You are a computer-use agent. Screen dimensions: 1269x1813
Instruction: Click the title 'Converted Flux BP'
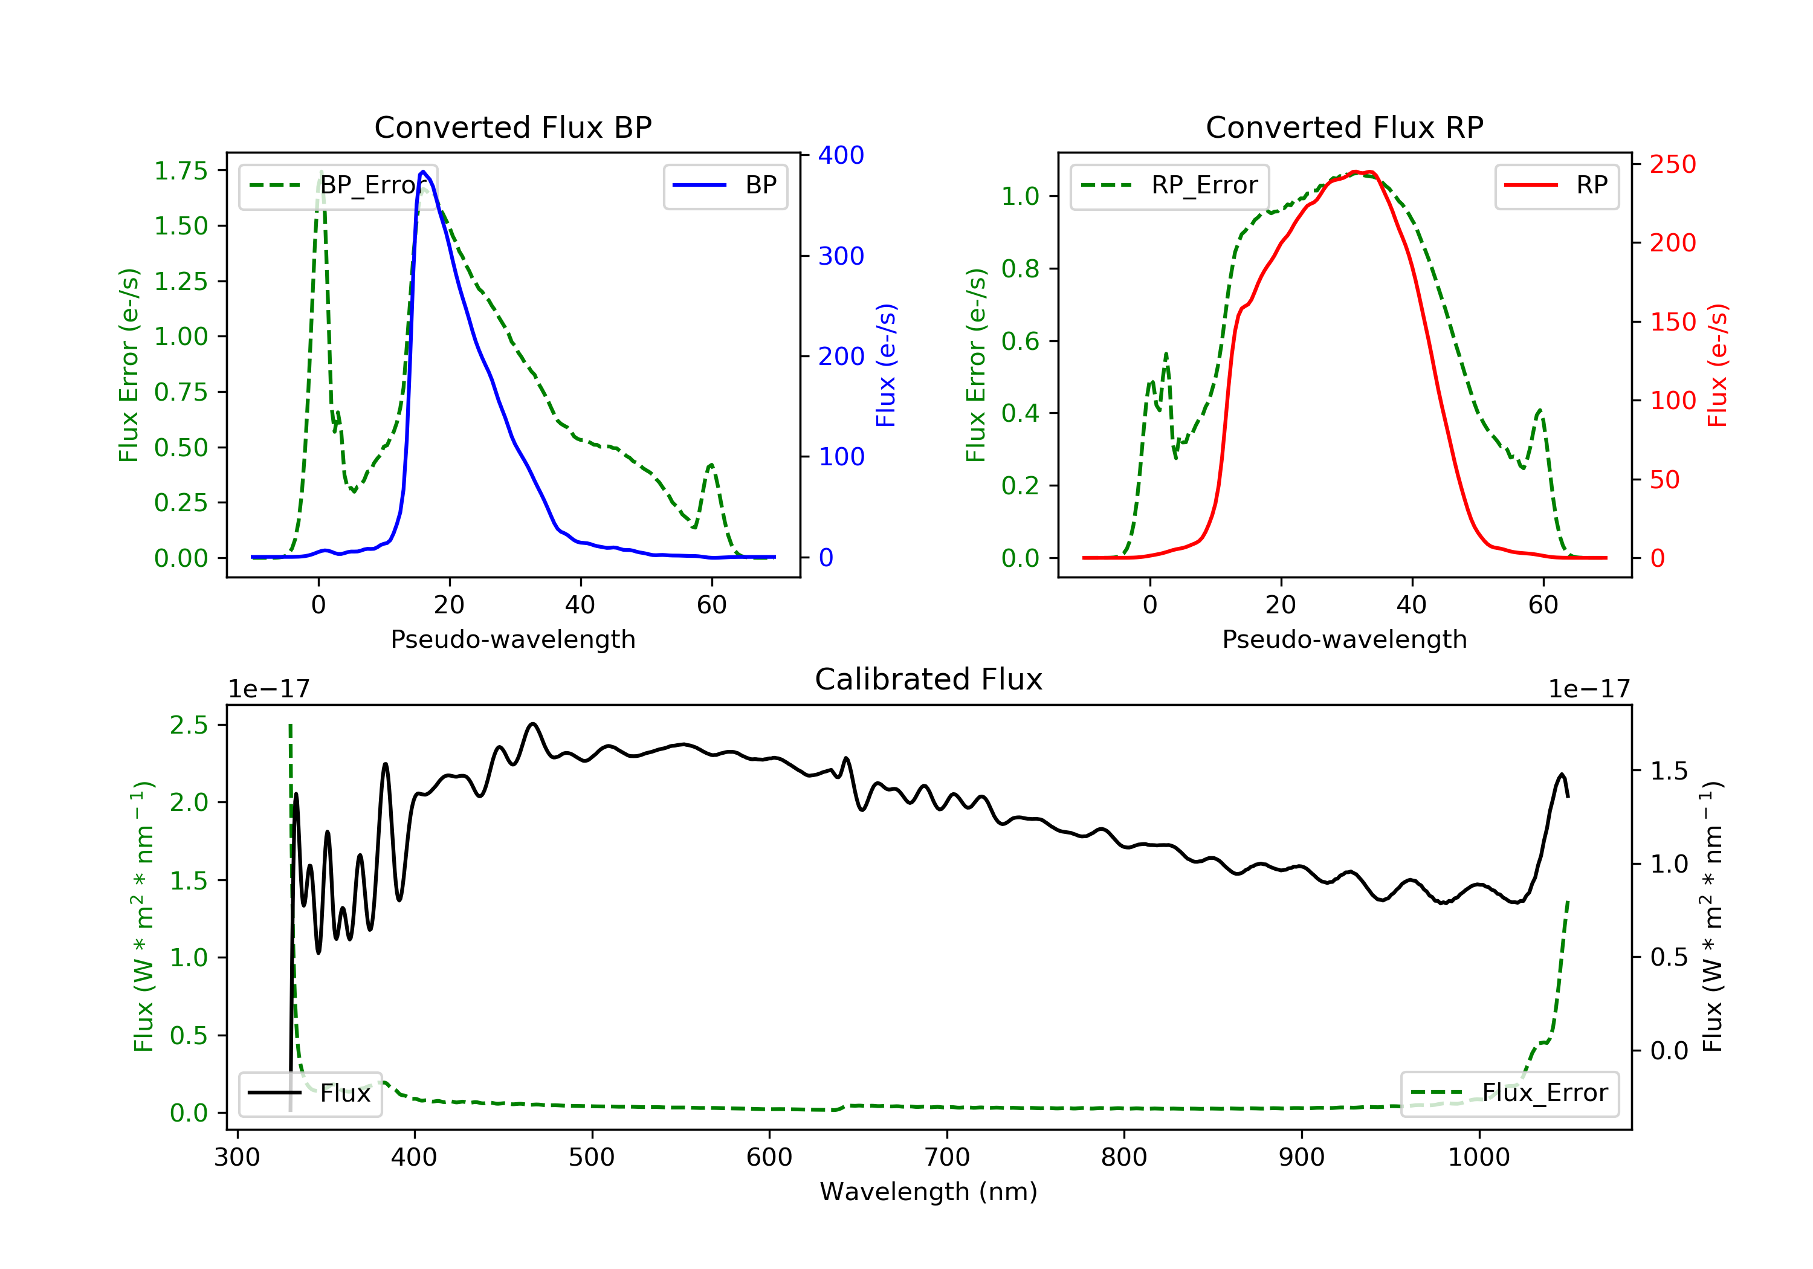coord(512,127)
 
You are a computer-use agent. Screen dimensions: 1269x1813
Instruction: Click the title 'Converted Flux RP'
coord(1344,127)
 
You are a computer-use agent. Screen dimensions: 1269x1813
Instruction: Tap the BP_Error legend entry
coord(338,186)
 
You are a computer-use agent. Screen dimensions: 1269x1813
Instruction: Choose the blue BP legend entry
coord(726,186)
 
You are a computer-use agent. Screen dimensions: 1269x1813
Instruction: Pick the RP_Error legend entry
coord(1169,186)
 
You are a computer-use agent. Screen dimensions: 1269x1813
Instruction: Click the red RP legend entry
coord(1556,186)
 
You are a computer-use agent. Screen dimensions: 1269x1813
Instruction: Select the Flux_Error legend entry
coord(1509,1093)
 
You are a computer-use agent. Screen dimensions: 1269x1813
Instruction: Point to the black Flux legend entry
coord(311,1093)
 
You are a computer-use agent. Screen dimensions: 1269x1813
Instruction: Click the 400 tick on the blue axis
coord(841,155)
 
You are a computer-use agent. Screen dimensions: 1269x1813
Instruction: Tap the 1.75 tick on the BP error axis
coord(180,170)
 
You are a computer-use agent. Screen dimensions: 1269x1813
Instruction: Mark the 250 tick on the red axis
coord(1672,164)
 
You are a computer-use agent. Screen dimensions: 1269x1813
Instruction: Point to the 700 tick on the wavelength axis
coord(947,1158)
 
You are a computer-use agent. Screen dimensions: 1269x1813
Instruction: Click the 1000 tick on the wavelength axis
coord(1478,1158)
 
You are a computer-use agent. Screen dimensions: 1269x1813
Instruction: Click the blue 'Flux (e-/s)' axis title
coord(886,365)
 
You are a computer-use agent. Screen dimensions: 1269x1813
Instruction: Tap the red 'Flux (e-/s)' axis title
coord(1718,365)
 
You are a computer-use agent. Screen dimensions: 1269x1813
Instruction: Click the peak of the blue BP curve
coord(423,172)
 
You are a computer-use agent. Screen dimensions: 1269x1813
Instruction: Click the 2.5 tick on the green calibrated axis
coord(189,725)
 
